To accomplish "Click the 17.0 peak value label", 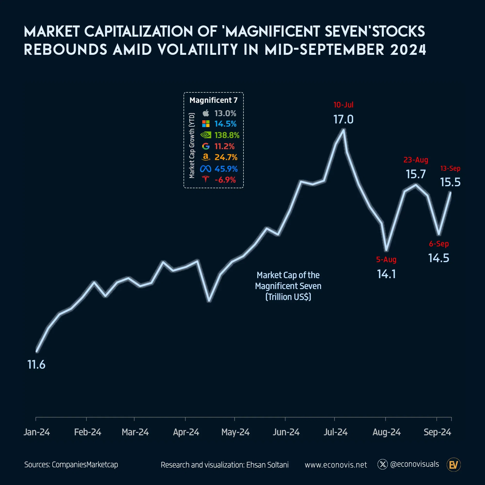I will [x=343, y=120].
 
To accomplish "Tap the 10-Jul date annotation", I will [x=343, y=105].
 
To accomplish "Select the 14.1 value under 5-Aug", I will [x=386, y=274].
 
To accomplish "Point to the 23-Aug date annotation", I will [x=416, y=160].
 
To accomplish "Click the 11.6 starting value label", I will [x=36, y=364].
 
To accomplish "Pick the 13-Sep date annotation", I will [x=450, y=169].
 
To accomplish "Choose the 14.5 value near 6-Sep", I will [x=438, y=258].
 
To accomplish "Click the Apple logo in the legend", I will [x=206, y=113].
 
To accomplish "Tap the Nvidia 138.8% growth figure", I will [x=227, y=135].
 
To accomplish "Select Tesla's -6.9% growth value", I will [x=225, y=180].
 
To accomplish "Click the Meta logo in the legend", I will [x=205, y=169].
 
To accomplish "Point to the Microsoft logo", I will [x=206, y=124].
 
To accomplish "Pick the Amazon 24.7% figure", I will [x=226, y=157].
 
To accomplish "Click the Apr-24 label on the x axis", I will [x=186, y=432].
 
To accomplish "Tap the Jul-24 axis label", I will [x=335, y=432].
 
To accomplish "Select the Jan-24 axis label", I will [x=37, y=432].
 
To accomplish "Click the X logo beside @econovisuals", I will [x=383, y=464].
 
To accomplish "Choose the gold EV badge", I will [x=453, y=465].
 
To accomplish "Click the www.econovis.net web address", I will [x=336, y=465].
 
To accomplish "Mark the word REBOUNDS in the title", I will [x=65, y=49].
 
